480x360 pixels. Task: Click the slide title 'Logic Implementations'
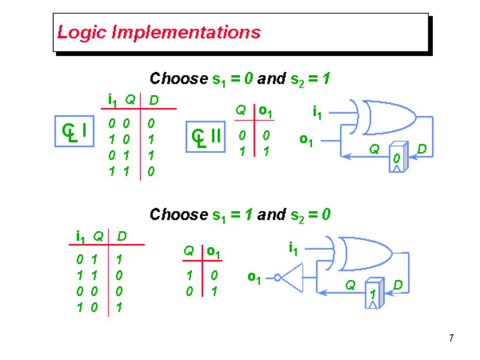click(x=158, y=33)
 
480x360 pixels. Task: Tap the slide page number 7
click(x=451, y=337)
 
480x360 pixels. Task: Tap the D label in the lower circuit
click(x=397, y=285)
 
